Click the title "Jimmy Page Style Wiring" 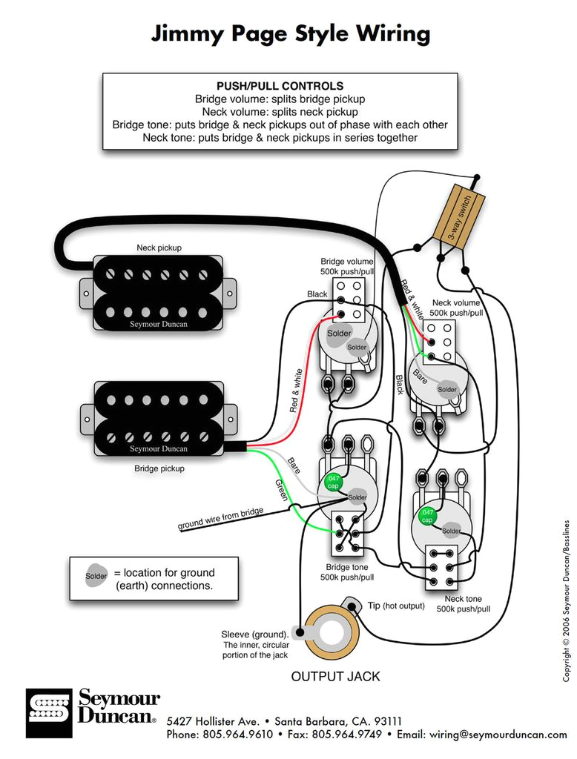(x=290, y=34)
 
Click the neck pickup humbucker (x=157, y=293)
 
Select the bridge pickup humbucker (x=157, y=419)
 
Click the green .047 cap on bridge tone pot (x=333, y=481)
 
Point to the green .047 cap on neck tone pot (x=427, y=516)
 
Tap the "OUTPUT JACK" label (x=335, y=676)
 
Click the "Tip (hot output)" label (x=396, y=606)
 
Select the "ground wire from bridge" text (x=220, y=520)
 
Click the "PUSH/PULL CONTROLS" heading (x=280, y=86)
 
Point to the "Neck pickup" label (x=159, y=248)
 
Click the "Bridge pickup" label (x=159, y=468)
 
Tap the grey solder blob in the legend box (x=96, y=575)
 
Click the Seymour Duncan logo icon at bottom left (x=50, y=713)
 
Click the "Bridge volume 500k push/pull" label (x=346, y=267)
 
